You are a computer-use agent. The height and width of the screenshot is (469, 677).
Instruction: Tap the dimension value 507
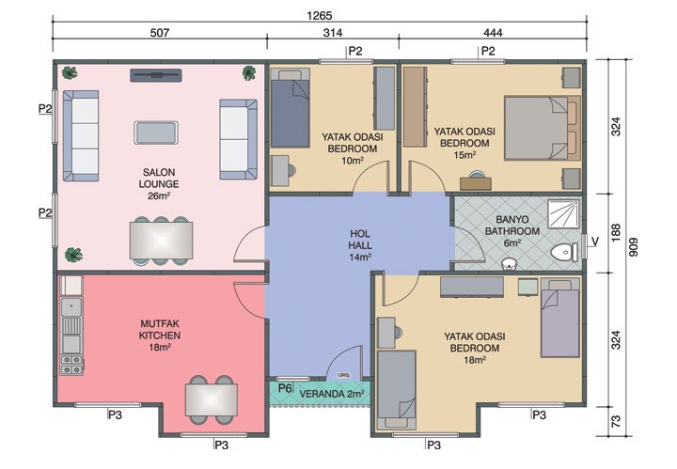pyautogui.click(x=159, y=33)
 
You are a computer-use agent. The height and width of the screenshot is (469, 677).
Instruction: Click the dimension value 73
pyautogui.click(x=617, y=422)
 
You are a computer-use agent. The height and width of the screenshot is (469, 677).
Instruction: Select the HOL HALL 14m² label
pyautogui.click(x=360, y=242)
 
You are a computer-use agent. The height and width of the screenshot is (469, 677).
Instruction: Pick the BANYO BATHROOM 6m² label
pyautogui.click(x=506, y=228)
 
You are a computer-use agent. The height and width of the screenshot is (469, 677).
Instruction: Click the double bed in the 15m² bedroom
pyautogui.click(x=537, y=127)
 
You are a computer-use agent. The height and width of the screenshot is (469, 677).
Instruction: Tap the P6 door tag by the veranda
pyautogui.click(x=285, y=387)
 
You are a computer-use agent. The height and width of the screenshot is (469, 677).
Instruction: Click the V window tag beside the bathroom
pyautogui.click(x=595, y=241)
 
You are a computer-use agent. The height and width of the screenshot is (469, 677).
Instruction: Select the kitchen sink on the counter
pyautogui.click(x=71, y=306)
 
